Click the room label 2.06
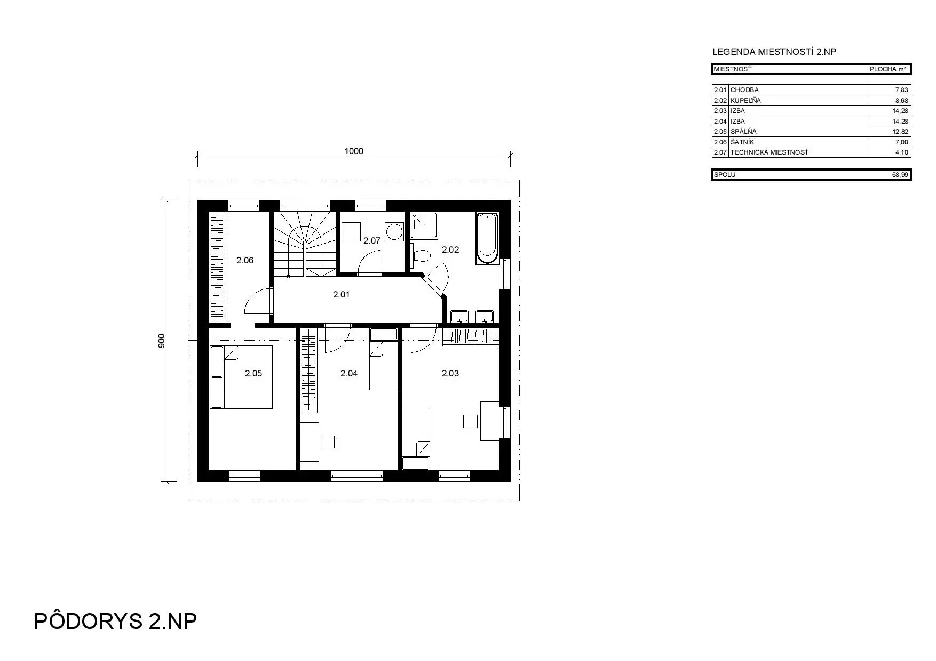click(x=245, y=261)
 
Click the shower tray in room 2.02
click(x=424, y=225)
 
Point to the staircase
click(x=305, y=244)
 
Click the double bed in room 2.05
click(x=241, y=377)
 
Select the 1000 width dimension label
click(x=354, y=151)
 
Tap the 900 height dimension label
click(x=162, y=341)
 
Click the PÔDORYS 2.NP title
click(x=116, y=621)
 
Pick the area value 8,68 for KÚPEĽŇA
click(x=901, y=100)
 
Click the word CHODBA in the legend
click(x=744, y=90)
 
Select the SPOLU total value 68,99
click(x=900, y=175)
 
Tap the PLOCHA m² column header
click(x=888, y=69)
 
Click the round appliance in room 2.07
click(x=395, y=231)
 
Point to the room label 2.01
click(x=342, y=294)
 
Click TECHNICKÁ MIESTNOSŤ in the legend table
click(x=769, y=152)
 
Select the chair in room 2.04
click(x=329, y=442)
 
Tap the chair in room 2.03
click(x=471, y=421)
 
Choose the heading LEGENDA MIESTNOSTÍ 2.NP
click(x=774, y=52)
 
